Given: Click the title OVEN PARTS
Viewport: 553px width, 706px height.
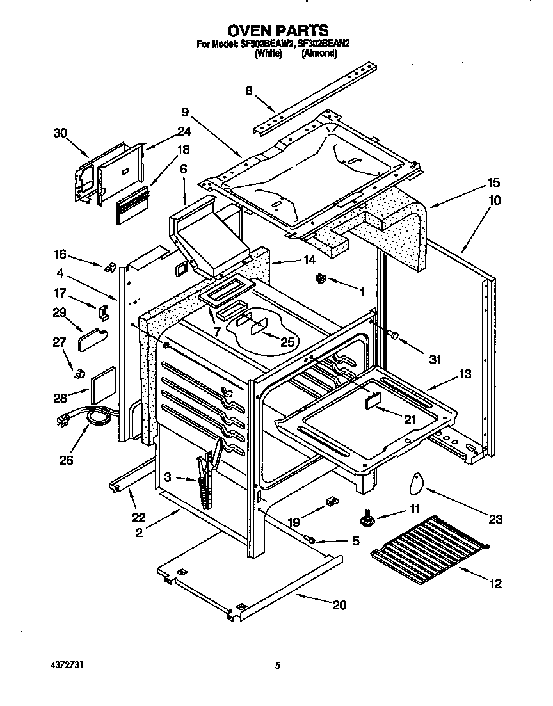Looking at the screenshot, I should (x=278, y=30).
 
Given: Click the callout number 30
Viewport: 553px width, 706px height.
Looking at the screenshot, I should (x=60, y=133).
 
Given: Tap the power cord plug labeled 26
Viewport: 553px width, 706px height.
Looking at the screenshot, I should (x=65, y=421).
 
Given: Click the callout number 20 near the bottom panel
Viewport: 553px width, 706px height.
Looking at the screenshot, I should (x=339, y=605).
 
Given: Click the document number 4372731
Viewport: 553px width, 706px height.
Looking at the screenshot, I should (x=66, y=666).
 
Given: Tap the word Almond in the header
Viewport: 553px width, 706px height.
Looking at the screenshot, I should (x=319, y=55).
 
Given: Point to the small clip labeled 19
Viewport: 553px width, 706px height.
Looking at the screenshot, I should (x=331, y=502).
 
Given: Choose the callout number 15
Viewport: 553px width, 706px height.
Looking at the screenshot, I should (x=493, y=182).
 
